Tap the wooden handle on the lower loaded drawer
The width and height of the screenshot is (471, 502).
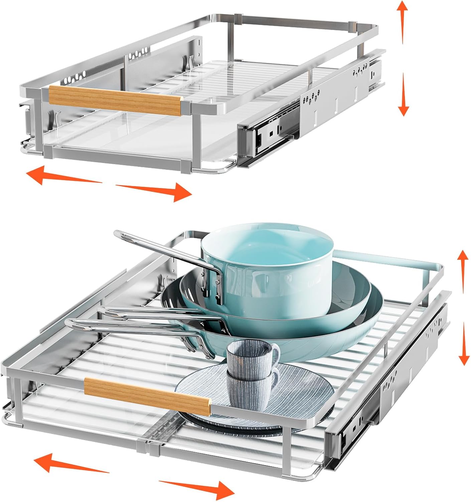point(147,396)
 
